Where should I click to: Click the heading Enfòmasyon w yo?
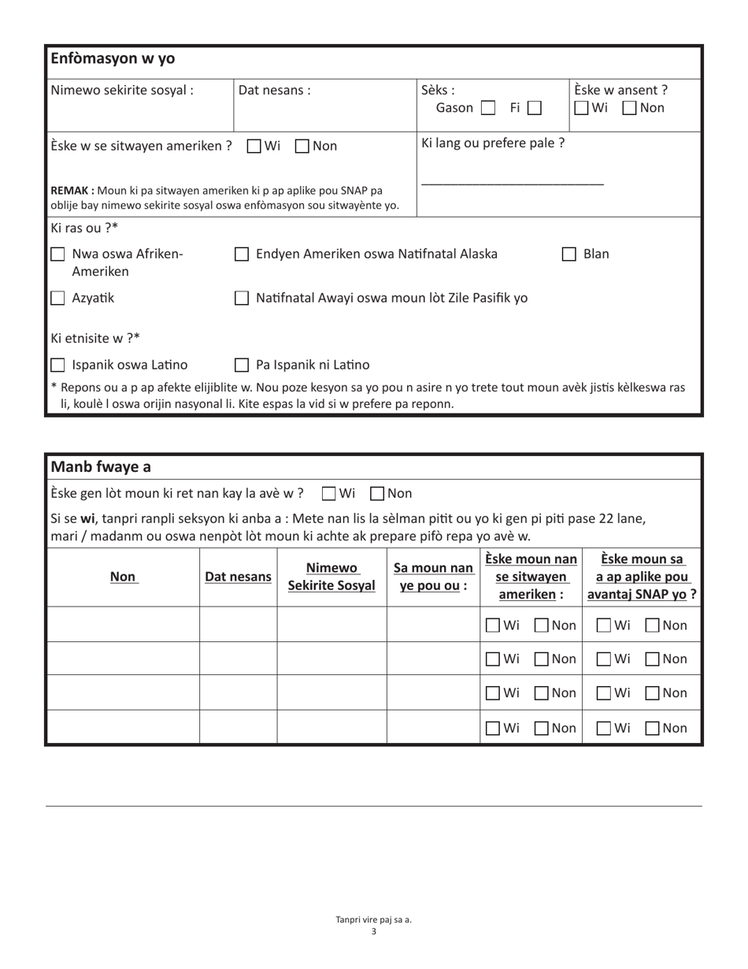tap(113, 59)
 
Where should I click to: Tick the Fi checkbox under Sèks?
tap(535, 108)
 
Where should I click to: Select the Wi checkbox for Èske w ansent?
tap(581, 108)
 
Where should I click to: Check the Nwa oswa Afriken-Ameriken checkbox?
tap(57, 254)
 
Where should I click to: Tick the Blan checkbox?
tap(569, 254)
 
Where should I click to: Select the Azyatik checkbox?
tap(57, 298)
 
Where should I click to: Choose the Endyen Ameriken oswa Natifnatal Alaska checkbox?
tap(243, 254)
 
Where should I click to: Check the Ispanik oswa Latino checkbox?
tap(57, 366)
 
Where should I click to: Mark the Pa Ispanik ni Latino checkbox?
tap(243, 366)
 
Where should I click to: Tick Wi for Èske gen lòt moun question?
tap(329, 494)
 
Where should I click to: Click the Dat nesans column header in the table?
tap(238, 577)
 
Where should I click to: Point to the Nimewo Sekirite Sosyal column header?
tap(331, 577)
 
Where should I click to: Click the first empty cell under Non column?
tap(122, 625)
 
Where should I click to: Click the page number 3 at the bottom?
tap(374, 931)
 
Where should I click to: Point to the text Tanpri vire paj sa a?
tap(374, 919)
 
